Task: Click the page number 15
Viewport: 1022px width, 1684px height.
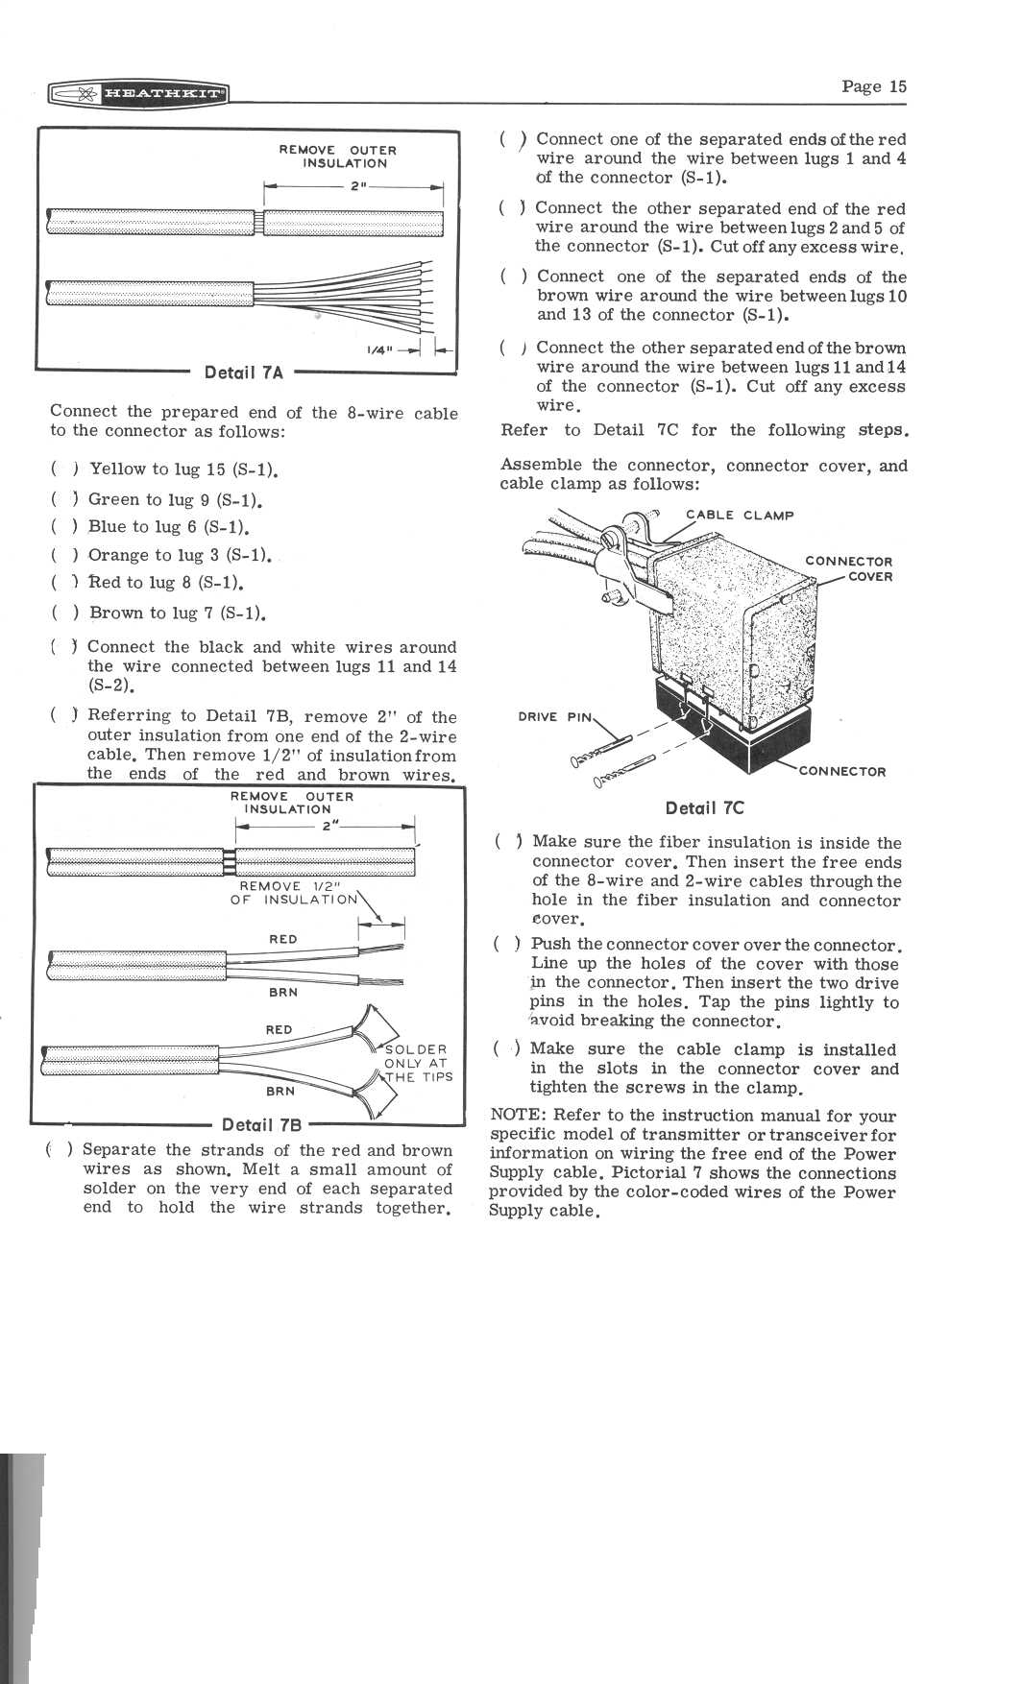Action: click(873, 86)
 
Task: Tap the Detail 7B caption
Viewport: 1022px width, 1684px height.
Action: click(261, 1124)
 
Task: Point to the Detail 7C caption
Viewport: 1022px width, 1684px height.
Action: click(704, 808)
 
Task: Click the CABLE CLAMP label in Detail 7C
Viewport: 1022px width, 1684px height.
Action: click(740, 515)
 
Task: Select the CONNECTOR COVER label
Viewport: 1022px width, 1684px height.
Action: click(848, 568)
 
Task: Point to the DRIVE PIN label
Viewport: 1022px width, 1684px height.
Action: click(556, 716)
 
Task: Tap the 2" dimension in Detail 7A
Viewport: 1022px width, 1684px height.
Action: click(355, 185)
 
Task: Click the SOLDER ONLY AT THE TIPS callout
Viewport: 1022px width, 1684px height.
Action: click(417, 1063)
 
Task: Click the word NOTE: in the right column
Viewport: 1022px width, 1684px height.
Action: click(519, 1116)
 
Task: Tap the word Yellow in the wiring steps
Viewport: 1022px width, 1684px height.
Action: click(118, 469)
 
